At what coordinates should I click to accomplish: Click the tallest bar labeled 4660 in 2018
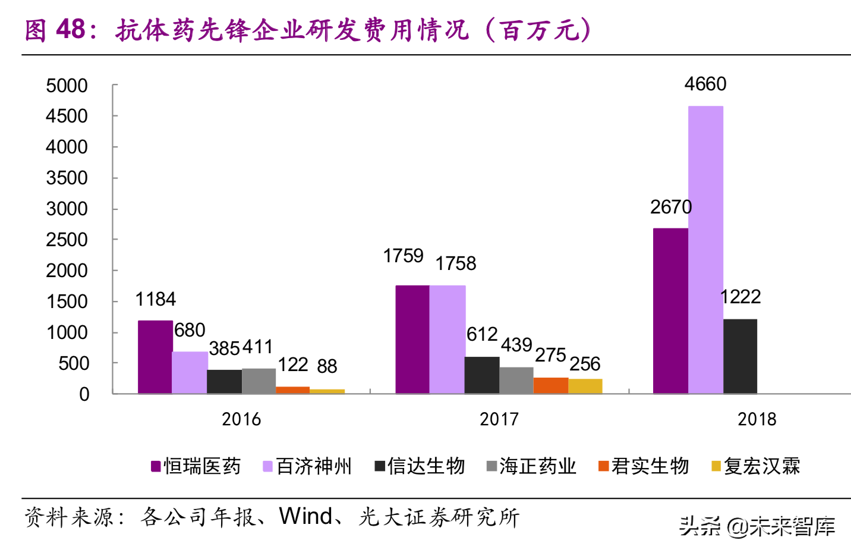coord(705,250)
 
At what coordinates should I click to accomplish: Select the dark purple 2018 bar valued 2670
coord(670,310)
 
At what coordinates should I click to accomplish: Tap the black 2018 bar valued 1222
coord(740,356)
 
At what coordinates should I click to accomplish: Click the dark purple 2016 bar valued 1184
coord(155,357)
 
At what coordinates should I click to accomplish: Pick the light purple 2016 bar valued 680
coord(190,372)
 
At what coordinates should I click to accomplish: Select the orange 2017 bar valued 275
coord(551,385)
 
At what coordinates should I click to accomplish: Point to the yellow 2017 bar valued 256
coord(585,386)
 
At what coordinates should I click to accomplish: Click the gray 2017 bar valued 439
coord(516,380)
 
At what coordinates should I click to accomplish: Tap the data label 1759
coord(403,256)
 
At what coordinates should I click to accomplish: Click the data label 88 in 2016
coord(327,366)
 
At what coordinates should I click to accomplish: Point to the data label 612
coord(481,334)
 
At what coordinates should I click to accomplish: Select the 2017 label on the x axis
coord(499,419)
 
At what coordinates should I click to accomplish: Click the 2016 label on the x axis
coord(241,419)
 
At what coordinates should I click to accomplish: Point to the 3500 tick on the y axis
coord(67,178)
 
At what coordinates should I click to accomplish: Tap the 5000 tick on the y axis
coord(67,86)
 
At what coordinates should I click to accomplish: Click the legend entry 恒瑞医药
coord(196,466)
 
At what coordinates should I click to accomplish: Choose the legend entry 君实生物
coord(644,466)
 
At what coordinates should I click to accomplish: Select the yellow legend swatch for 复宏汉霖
coord(716,466)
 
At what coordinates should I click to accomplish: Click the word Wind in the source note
coord(305,517)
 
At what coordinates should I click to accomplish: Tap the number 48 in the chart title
coord(71,29)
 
